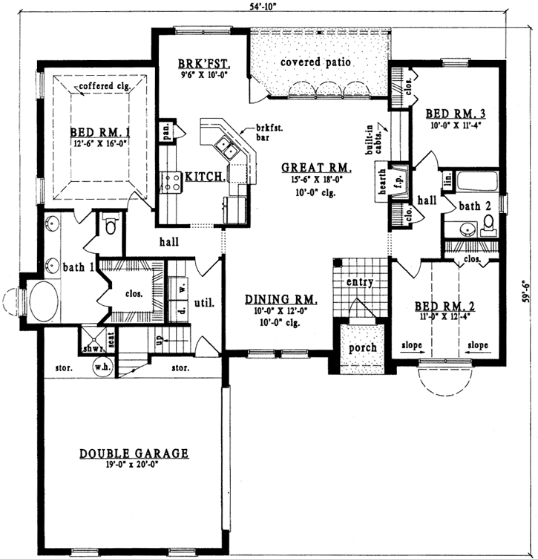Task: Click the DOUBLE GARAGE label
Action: pos(134,453)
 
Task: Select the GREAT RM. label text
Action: pos(316,168)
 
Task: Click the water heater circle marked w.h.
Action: pos(102,366)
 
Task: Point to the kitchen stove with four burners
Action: pos(171,182)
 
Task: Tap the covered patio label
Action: pos(315,62)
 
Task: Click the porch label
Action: pos(362,347)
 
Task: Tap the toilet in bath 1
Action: pos(111,223)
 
